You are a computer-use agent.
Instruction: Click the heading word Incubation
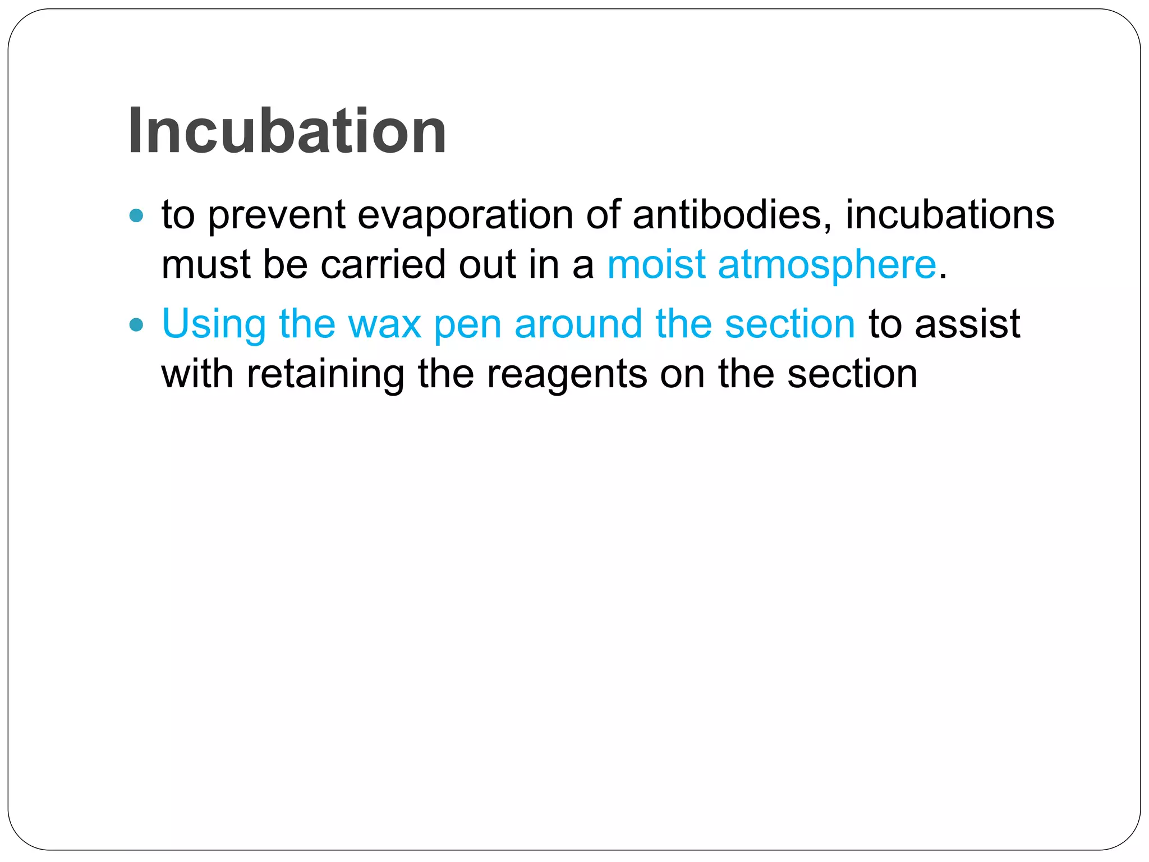[x=287, y=132]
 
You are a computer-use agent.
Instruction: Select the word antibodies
[x=732, y=214]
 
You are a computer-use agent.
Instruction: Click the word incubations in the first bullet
[x=949, y=214]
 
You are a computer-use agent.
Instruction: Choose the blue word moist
[x=656, y=264]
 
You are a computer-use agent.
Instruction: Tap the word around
[x=578, y=324]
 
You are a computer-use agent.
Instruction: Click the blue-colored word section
[x=789, y=324]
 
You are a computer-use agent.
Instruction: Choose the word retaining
[x=325, y=375]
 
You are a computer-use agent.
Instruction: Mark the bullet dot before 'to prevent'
[x=136, y=215]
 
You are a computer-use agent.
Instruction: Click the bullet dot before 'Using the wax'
[x=136, y=324]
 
